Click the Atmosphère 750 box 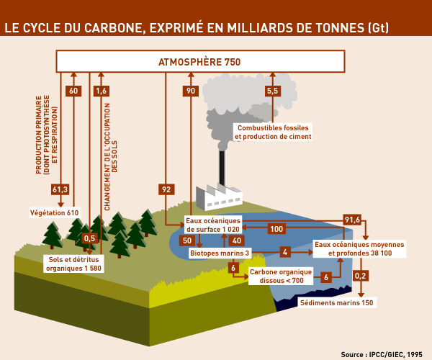199,62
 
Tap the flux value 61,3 60,189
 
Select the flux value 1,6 101,91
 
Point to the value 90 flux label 191,91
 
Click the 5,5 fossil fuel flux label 272,91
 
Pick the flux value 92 166,189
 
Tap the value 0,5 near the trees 90,238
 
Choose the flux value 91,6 352,220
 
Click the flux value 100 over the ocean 276,229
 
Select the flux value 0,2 361,276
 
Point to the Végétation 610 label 54,213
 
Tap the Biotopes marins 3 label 220,253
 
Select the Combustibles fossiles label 271,132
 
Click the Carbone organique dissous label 281,276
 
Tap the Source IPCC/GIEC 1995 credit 382,354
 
